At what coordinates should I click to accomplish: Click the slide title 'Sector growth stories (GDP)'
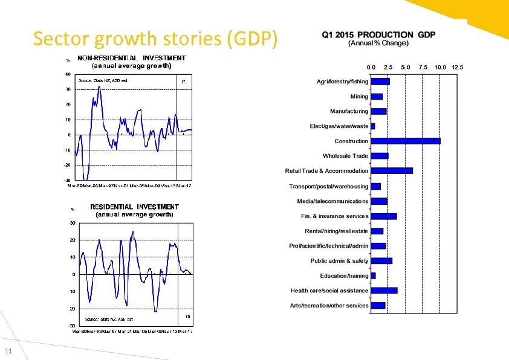156,39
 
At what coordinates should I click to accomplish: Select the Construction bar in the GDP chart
405,141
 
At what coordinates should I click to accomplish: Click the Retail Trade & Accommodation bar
391,170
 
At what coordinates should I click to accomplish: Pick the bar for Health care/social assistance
384,291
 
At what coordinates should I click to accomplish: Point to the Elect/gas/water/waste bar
373,126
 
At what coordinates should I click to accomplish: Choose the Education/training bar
373,275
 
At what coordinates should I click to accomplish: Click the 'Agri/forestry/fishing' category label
342,82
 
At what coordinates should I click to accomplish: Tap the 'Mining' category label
359,97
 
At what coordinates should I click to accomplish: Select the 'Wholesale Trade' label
345,156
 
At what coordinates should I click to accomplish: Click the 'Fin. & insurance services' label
334,216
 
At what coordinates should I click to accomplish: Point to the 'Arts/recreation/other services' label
329,306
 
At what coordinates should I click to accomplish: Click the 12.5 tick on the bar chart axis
456,67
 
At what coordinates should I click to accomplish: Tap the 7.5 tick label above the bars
423,67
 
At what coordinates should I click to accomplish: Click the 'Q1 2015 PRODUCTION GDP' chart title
378,34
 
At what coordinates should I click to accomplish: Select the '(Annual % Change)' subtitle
378,43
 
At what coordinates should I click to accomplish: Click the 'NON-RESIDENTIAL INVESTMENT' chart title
131,58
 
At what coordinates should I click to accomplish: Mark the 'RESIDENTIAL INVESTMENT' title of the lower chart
134,207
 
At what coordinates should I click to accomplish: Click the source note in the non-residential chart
102,80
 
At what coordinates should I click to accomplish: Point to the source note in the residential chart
109,319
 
